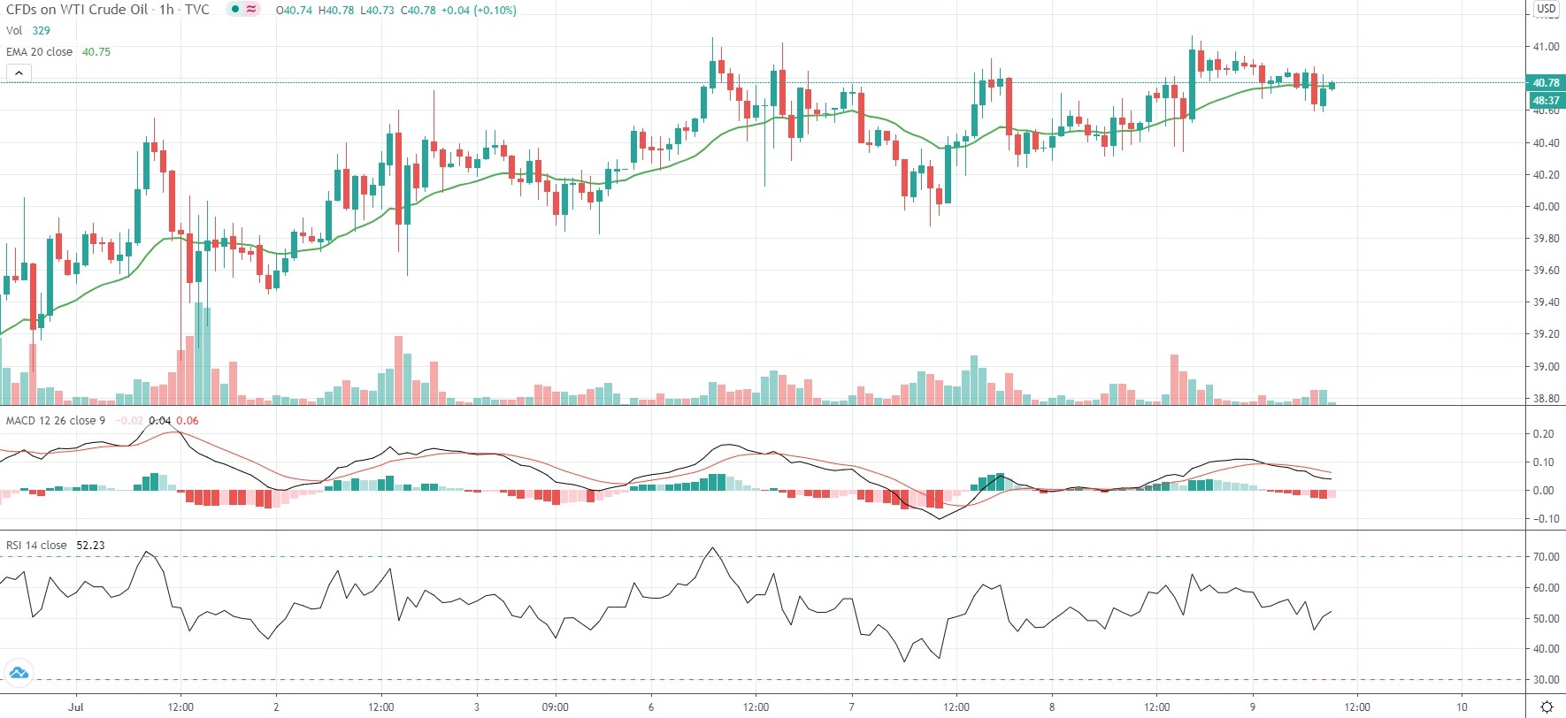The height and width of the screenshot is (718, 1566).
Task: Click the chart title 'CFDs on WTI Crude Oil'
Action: coord(77,10)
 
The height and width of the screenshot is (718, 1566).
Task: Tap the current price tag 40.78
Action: coord(1546,83)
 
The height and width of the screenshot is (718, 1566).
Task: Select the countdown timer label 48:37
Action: coord(1546,101)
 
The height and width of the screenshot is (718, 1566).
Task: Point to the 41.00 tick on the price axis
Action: coord(1546,47)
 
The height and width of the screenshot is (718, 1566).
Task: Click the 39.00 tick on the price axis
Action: coord(1546,366)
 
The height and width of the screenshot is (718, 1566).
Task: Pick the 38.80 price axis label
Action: coord(1546,399)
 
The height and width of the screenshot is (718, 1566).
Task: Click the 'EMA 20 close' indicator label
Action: coord(39,52)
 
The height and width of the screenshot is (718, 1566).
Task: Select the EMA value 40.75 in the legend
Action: coord(96,52)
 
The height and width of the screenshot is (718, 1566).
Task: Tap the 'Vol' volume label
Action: coord(14,31)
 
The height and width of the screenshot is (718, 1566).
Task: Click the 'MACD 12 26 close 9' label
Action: coord(55,421)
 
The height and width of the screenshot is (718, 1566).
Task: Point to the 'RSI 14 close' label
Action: coord(36,546)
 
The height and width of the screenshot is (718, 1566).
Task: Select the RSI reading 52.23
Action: coord(90,546)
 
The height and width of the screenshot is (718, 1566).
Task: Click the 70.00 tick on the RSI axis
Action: coord(1546,557)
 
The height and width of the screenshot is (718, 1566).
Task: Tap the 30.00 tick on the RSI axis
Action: coord(1546,680)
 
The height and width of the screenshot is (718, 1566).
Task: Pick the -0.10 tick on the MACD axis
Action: coord(1544,519)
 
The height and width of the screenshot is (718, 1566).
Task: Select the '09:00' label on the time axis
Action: coord(555,707)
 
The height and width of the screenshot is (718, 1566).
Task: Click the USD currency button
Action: coord(1546,8)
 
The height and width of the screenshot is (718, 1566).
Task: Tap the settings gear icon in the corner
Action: coord(1547,707)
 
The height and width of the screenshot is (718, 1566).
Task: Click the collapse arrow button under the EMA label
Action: coord(19,73)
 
